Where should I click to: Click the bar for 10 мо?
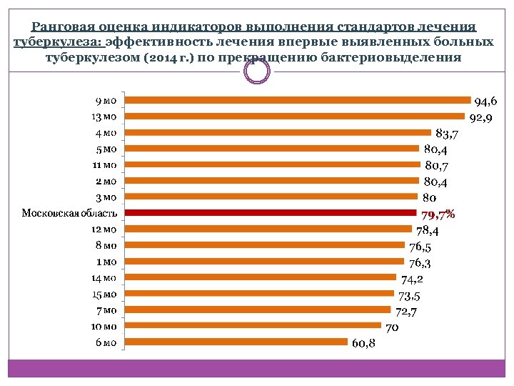(x=255, y=326)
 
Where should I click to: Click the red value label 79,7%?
(x=438, y=214)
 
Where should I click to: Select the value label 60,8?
(x=364, y=344)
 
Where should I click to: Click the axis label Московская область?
(x=64, y=213)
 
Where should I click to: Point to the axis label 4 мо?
(x=105, y=132)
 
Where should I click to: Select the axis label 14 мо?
(x=104, y=277)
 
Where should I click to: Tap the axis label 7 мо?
(x=105, y=310)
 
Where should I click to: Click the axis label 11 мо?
(x=104, y=164)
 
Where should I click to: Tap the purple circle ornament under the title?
(x=257, y=70)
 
